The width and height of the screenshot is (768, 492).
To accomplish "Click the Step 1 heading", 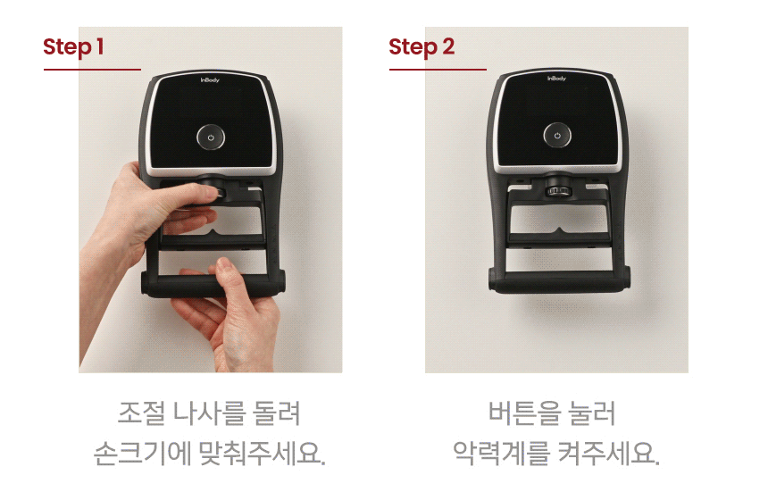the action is click(x=73, y=47).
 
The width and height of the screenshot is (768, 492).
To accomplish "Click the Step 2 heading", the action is click(x=422, y=47).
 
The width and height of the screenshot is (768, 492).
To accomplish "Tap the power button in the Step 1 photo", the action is click(x=211, y=138).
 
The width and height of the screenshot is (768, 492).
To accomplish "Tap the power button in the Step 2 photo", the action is click(x=557, y=135).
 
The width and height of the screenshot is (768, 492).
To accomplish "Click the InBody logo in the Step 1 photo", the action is click(x=210, y=79).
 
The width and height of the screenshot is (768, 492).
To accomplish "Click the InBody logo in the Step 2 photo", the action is click(x=556, y=78).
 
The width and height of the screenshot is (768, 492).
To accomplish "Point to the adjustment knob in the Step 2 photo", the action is click(x=557, y=190).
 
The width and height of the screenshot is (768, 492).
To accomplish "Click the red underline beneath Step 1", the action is click(x=93, y=70).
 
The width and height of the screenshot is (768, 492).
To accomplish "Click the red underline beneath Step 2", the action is click(x=438, y=70).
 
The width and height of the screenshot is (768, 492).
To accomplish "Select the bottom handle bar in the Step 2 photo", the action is click(x=559, y=283).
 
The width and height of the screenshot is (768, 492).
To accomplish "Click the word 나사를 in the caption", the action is click(x=210, y=413).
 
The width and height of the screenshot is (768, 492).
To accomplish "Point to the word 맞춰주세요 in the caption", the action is click(x=262, y=453).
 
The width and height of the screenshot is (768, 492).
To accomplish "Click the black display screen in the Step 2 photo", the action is click(x=557, y=120).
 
